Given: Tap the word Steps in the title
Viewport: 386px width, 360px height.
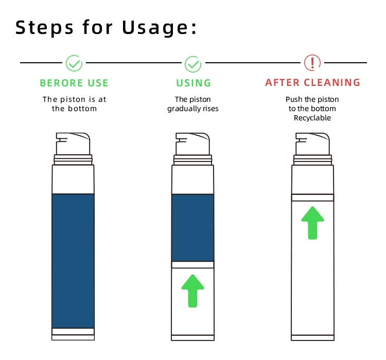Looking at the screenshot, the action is pos(44,28).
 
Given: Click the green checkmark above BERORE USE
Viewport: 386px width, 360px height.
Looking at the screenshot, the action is pos(74,63).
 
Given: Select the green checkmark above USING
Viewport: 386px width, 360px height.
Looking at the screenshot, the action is pos(193,64).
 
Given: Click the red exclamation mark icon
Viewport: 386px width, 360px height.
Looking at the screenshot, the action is pos(312,63).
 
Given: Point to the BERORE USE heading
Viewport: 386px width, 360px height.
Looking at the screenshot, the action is pos(74,83).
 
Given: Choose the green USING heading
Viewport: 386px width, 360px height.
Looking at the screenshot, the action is pos(194,83).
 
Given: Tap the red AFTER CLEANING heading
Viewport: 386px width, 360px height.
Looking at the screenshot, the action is pos(312,82).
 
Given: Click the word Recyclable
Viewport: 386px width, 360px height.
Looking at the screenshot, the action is pos(312,118).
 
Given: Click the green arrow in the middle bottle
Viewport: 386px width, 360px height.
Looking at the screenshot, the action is pos(193,291).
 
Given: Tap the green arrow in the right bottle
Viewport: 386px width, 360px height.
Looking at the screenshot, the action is pos(312,223).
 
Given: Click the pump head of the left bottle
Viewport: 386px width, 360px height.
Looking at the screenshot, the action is pos(73,144).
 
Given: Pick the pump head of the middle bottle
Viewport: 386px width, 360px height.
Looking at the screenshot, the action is pos(192,144).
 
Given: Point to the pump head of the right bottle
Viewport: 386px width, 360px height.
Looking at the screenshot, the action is pos(312,144).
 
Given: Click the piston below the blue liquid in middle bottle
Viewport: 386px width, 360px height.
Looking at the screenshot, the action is pos(193,265).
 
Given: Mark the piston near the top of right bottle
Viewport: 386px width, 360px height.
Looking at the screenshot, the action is pos(312,197).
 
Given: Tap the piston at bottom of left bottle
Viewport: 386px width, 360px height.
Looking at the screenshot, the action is pos(73,331).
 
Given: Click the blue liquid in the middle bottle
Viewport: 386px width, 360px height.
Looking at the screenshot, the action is pos(193,228).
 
